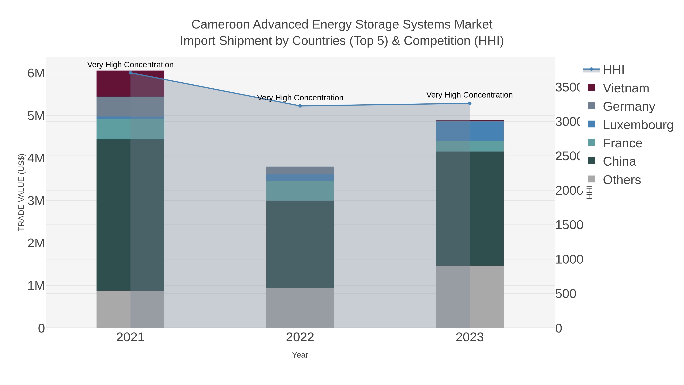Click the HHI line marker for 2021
(130, 73)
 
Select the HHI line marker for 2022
(300, 106)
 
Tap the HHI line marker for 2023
(469, 103)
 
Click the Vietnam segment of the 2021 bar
(130, 84)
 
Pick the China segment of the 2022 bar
(300, 244)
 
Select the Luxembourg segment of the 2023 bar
(469, 131)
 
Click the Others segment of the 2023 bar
(469, 297)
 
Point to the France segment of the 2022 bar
(300, 191)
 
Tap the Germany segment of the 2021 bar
(130, 106)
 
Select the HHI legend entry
(613, 70)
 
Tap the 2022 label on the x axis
(300, 337)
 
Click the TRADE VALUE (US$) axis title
(21, 192)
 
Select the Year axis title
(300, 355)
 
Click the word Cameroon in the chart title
(220, 25)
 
